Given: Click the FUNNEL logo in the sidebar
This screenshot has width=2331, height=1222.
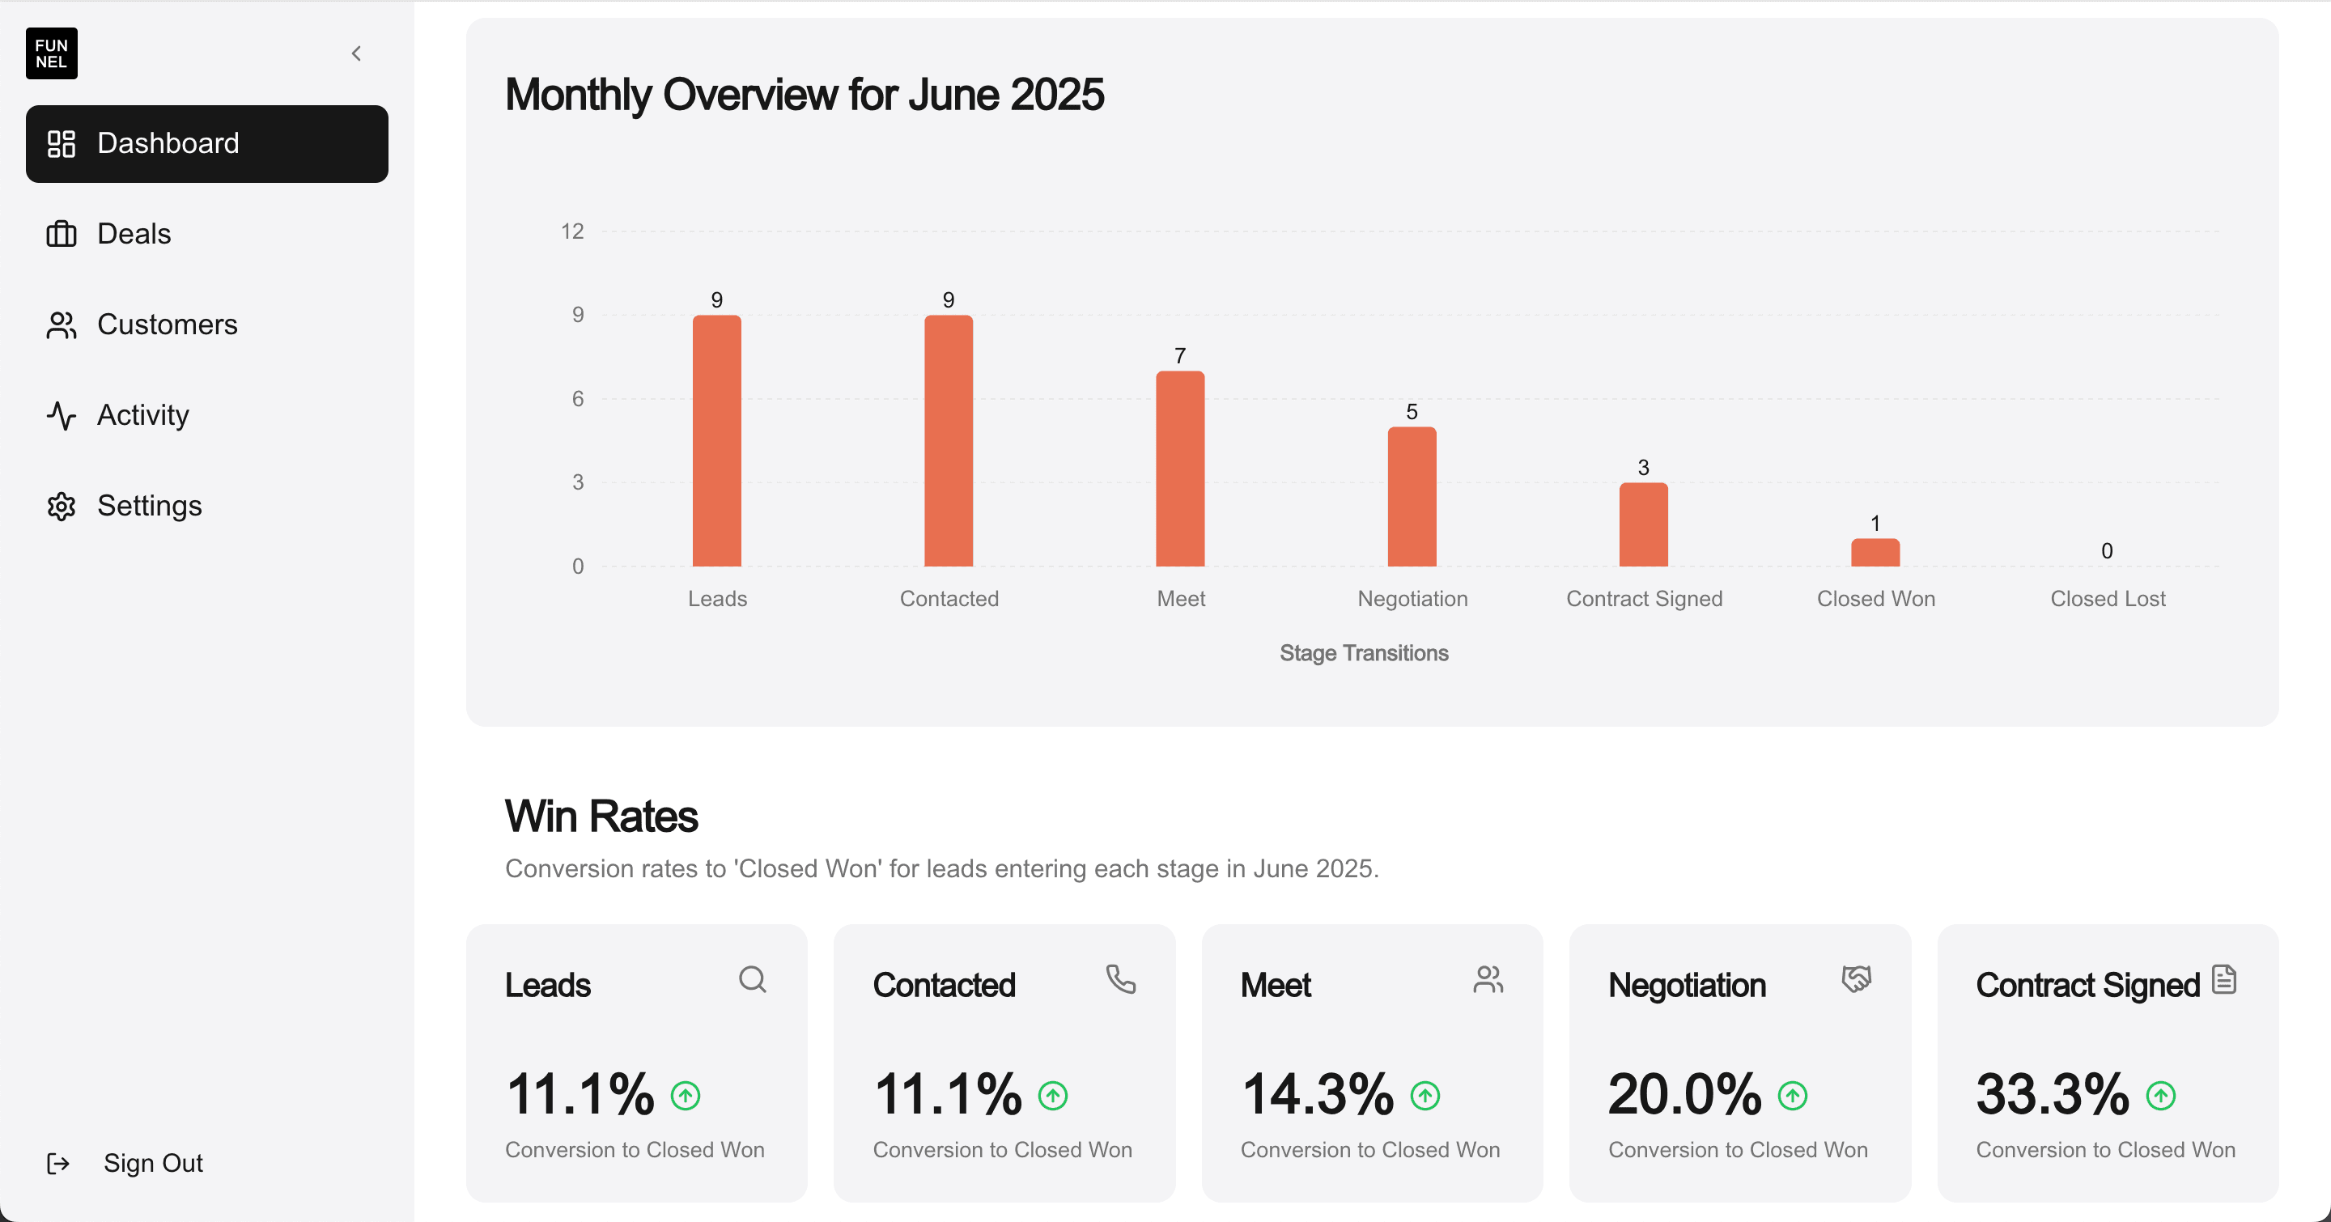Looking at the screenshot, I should pos(52,53).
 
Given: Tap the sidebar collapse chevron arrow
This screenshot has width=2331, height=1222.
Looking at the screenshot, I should pos(356,53).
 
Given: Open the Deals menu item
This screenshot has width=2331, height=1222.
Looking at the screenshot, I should pos(133,233).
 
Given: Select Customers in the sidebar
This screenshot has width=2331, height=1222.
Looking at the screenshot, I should pos(167,324).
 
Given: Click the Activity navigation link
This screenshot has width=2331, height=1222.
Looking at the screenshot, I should pos(142,414).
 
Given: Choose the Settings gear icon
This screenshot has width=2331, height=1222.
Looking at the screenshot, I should pos(62,506).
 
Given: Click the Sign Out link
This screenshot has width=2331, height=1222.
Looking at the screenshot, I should pos(152,1162).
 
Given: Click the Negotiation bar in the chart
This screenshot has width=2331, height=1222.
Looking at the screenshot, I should pos(1412,497).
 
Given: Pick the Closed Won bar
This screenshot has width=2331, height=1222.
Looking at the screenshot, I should pos(1875,553).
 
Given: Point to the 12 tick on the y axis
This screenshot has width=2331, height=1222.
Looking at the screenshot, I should pos(572,231).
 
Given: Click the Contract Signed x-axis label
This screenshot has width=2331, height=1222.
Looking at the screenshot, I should pos(1643,599).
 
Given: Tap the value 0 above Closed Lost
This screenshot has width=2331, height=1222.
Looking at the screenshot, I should pos(2107,551).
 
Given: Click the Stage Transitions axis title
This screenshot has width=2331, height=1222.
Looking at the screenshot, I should pos(1364,653).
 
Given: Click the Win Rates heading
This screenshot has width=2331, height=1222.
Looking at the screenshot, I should pos(601,816).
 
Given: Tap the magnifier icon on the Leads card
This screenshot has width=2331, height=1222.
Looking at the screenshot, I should pos(752,978).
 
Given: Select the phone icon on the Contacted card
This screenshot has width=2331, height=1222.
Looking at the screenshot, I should pos(1120,978).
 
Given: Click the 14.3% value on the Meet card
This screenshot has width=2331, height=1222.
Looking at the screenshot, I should pos(1318,1094).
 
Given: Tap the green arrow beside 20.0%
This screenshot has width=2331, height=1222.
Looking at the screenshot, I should pos(1792,1096).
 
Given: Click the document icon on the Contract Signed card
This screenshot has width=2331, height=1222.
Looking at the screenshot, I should pos(2223,978).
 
